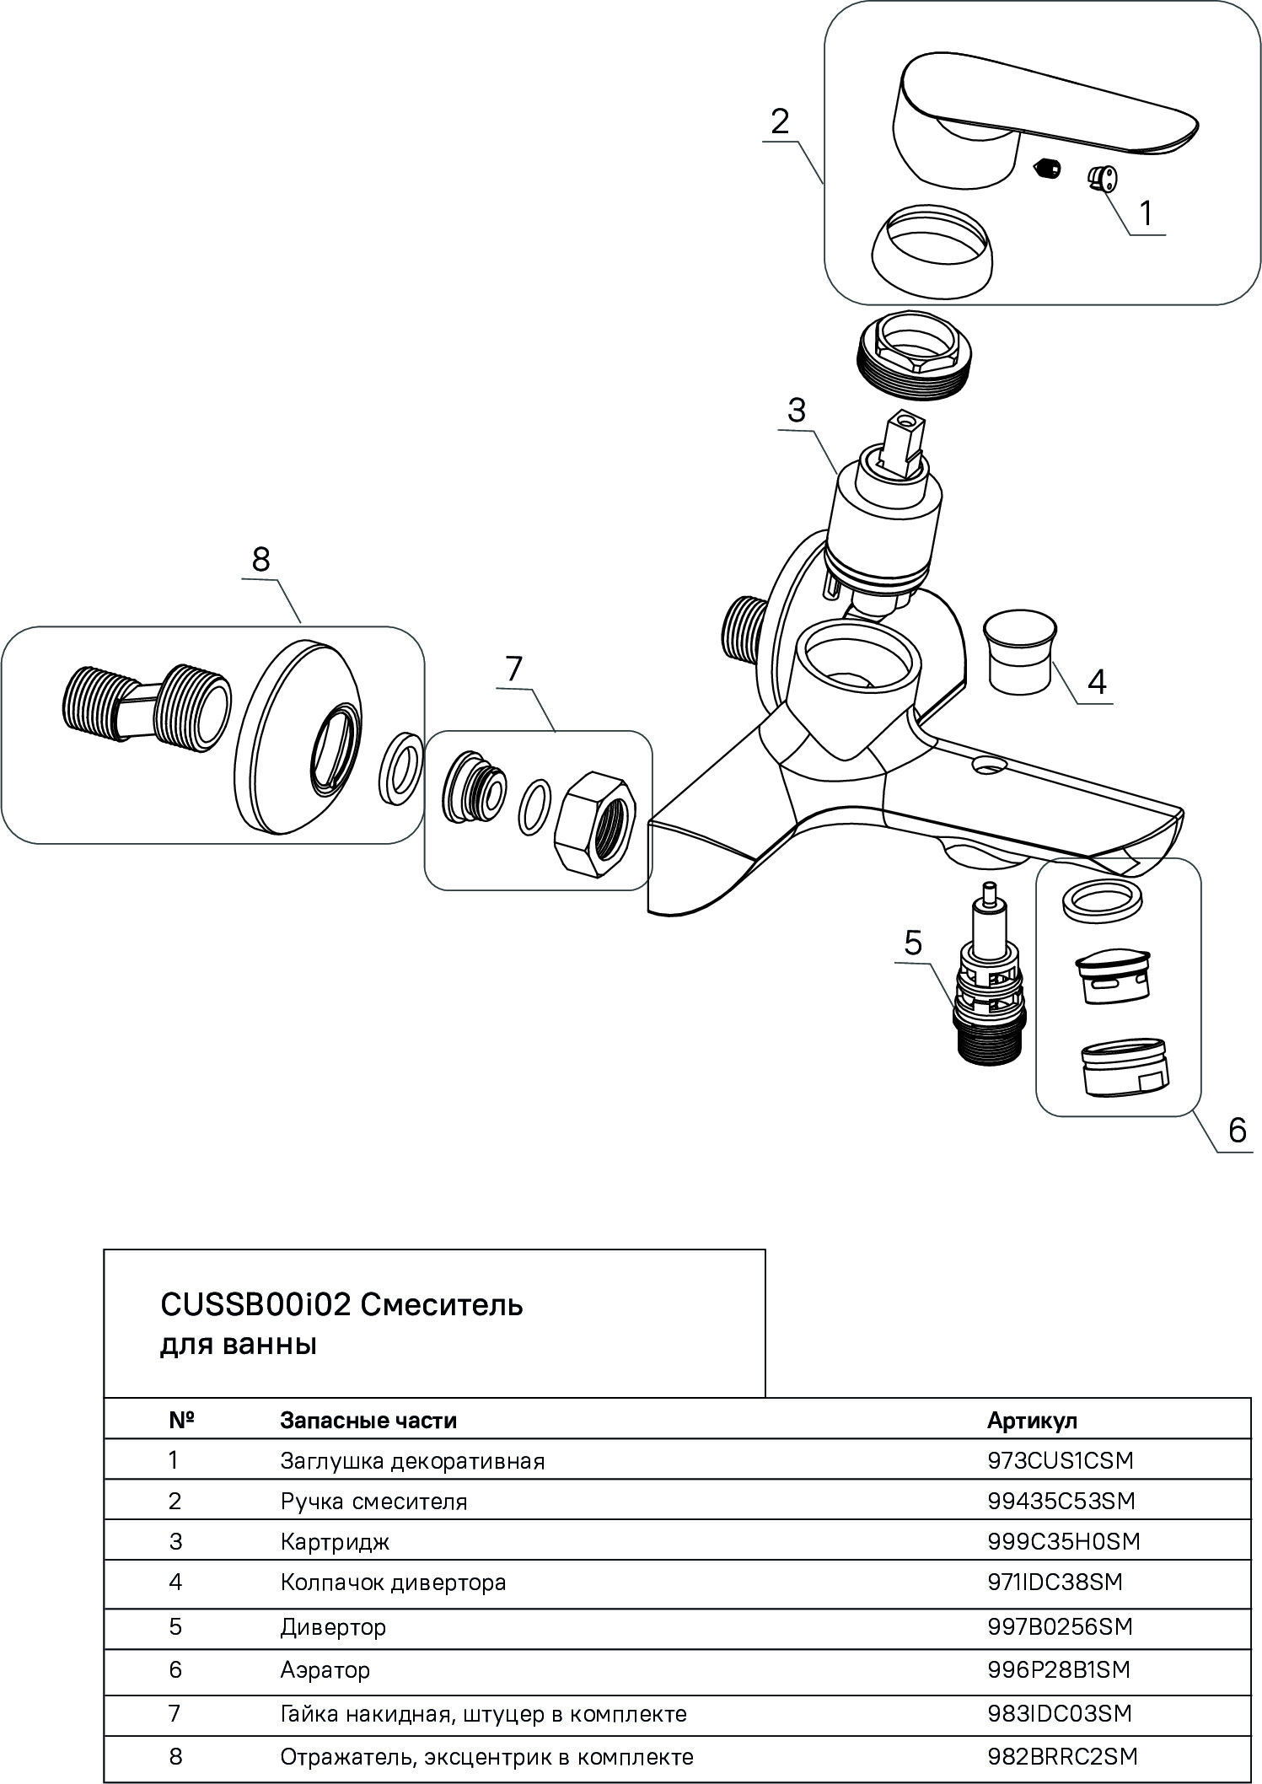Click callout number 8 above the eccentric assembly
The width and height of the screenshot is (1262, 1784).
tap(260, 560)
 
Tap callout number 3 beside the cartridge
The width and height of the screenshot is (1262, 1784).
tap(796, 411)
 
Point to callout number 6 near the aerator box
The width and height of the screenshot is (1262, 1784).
tap(1236, 1129)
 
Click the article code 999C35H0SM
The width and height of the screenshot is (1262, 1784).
tap(1063, 1541)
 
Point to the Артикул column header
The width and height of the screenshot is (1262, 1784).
tap(1032, 1421)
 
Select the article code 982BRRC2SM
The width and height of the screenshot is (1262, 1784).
tap(1062, 1756)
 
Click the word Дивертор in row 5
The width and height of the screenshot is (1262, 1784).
tap(333, 1626)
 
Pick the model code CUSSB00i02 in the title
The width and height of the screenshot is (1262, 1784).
tap(255, 1304)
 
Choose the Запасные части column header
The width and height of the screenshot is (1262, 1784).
tap(368, 1421)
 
